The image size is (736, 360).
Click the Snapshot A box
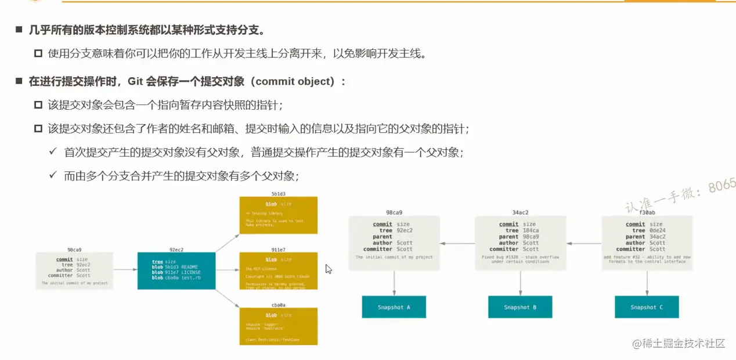click(394, 307)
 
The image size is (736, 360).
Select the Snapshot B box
click(520, 307)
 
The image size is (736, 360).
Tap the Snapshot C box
click(647, 307)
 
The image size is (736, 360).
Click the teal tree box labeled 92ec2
click(176, 271)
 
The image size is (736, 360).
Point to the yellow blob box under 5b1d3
click(279, 215)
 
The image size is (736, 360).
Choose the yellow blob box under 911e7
click(279, 270)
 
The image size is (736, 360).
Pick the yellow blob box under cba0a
click(279, 326)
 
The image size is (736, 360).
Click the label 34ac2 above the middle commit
click(520, 213)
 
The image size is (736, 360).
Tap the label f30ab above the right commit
click(647, 213)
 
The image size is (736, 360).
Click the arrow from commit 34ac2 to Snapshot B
click(521, 283)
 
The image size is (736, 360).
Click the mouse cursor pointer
click(328, 269)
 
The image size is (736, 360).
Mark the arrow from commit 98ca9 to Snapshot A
click(394, 283)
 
